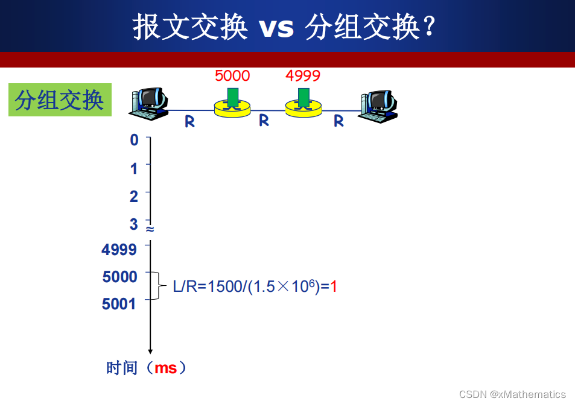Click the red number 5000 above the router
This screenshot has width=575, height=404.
pyautogui.click(x=232, y=76)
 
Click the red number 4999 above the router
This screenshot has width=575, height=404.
pyautogui.click(x=303, y=76)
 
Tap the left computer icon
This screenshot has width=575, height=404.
pyautogui.click(x=148, y=103)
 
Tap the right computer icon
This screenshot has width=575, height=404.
pyautogui.click(x=379, y=106)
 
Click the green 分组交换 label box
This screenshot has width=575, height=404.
pyautogui.click(x=60, y=100)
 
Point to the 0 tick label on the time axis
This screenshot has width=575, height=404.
pyautogui.click(x=134, y=140)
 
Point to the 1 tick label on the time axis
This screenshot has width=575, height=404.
pyautogui.click(x=134, y=169)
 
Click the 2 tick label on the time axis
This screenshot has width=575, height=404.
pyautogui.click(x=134, y=197)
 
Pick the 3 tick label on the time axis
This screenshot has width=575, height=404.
pyautogui.click(x=134, y=225)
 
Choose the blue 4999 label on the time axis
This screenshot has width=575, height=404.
pyautogui.click(x=119, y=250)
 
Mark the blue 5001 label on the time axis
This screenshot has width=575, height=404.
pyautogui.click(x=119, y=304)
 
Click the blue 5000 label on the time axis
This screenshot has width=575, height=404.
pyautogui.click(x=120, y=277)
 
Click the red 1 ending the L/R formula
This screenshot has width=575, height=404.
pyautogui.click(x=334, y=286)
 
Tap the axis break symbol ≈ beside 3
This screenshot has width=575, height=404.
pyautogui.click(x=150, y=229)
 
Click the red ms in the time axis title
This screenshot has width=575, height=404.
pyautogui.click(x=165, y=368)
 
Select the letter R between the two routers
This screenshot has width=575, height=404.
pyautogui.click(x=264, y=121)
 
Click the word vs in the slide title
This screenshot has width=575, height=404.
pyautogui.click(x=276, y=27)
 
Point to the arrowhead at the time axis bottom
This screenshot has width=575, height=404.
pyautogui.click(x=150, y=351)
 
